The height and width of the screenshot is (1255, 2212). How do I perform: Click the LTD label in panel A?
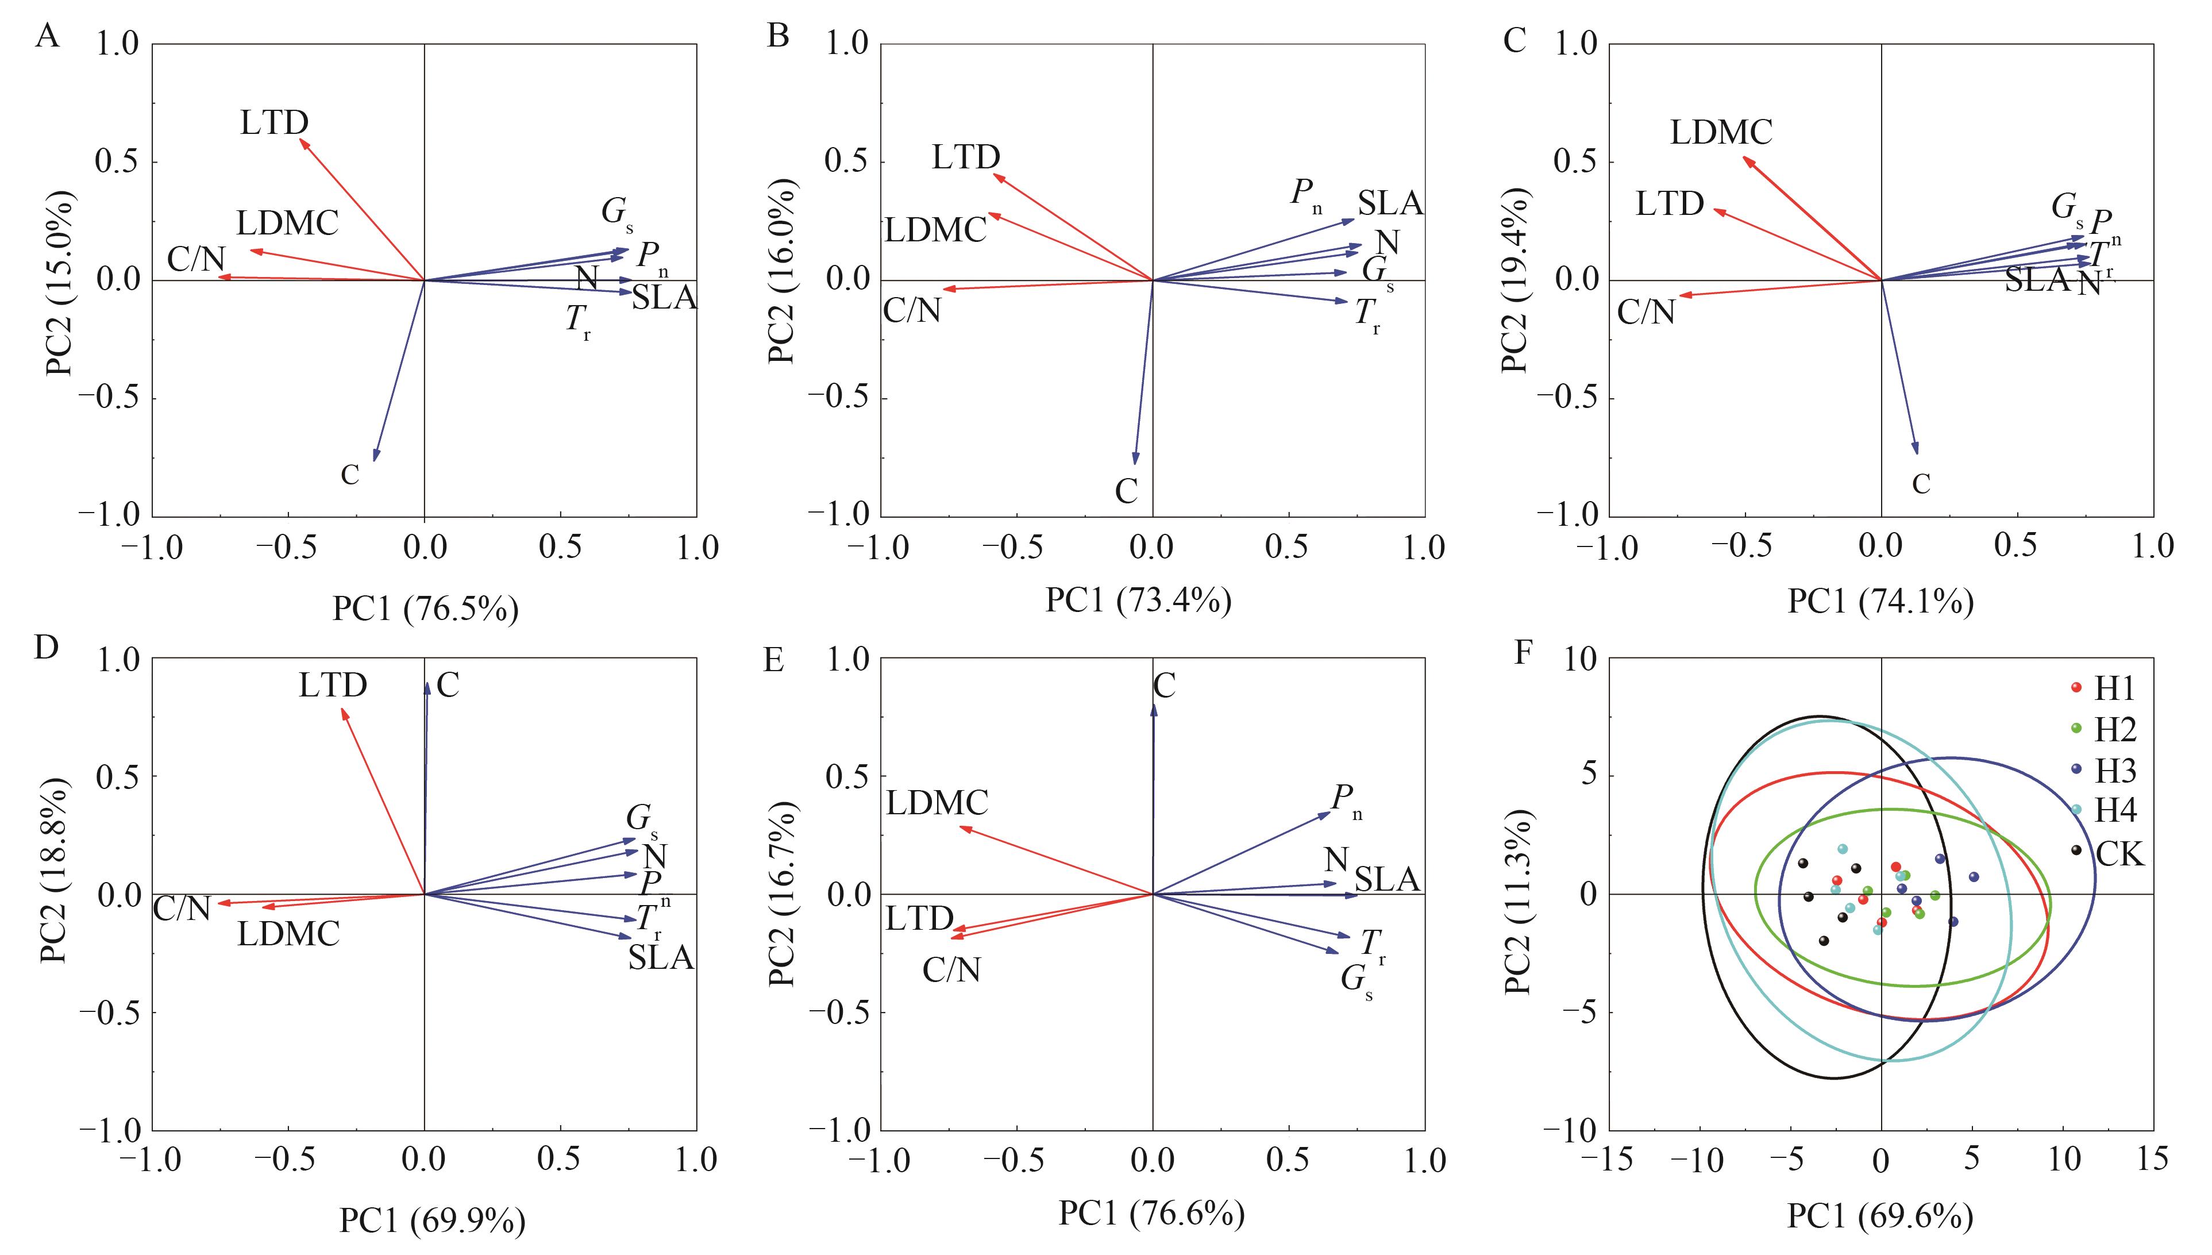274,123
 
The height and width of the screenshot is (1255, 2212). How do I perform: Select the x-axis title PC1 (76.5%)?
426,609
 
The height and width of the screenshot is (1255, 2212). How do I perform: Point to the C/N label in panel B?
912,309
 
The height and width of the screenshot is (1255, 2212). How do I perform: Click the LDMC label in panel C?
1721,132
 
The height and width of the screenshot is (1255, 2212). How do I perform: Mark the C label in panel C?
1921,484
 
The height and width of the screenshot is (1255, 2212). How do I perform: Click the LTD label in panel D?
333,685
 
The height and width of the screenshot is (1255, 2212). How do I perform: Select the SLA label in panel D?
661,957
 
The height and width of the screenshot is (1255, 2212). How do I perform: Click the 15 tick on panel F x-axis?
2152,1158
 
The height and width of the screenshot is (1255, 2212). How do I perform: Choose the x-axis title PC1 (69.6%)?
1880,1215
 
